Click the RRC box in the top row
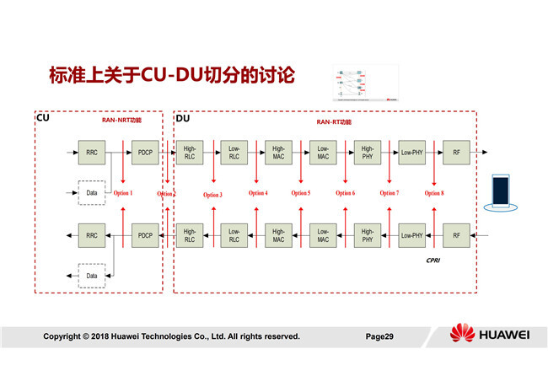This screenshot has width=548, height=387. [91, 153]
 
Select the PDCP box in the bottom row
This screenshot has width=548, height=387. [144, 235]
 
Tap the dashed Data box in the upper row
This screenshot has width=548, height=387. [91, 193]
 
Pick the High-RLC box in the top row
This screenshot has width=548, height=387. [190, 153]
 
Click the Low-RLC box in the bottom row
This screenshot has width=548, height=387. [234, 235]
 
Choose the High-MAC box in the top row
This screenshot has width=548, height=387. [278, 153]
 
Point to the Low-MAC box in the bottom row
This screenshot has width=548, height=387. [322, 235]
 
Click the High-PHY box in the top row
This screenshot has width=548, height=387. [367, 153]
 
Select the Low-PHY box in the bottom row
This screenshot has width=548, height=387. [411, 235]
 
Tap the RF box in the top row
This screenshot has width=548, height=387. [456, 153]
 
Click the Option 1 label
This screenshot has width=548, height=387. [123, 194]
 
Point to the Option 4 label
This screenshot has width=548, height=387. [258, 194]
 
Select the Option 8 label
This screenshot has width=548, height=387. [433, 194]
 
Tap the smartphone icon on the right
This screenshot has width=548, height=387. [503, 193]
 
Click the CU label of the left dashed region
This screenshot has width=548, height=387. [42, 118]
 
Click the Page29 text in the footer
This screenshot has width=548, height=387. [379, 336]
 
